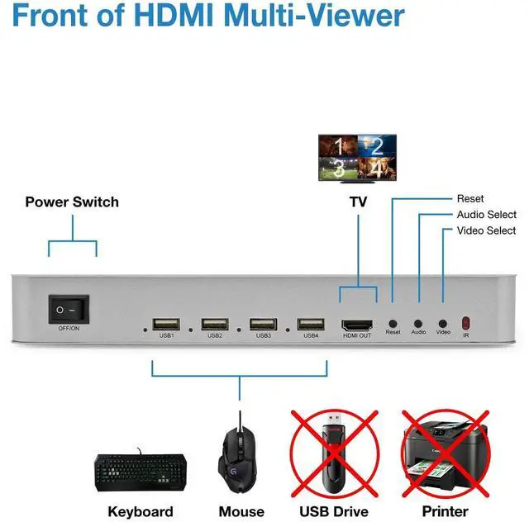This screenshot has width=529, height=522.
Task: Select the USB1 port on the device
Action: (x=165, y=323)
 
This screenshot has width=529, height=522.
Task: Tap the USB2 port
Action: (x=215, y=323)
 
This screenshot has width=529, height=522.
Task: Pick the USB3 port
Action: (x=263, y=323)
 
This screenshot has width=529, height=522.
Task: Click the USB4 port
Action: (x=311, y=323)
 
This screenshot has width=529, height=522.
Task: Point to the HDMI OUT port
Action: (x=358, y=323)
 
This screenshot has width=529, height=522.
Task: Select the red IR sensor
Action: (x=466, y=322)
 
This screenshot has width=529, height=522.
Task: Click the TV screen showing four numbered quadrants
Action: (x=358, y=156)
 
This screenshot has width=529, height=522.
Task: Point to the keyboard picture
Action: (x=141, y=472)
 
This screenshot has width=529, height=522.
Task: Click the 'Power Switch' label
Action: (x=72, y=202)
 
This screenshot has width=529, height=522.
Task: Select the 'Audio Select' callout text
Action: (x=487, y=215)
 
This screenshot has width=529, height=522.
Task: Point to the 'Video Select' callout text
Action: (x=487, y=230)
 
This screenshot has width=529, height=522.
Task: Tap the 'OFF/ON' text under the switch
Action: (x=69, y=329)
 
